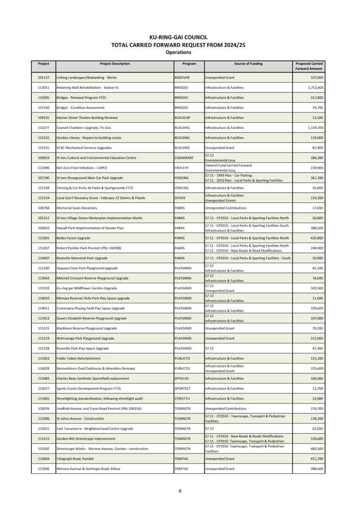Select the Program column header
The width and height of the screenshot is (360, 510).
(x=189, y=64)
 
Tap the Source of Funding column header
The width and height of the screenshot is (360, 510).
(x=248, y=64)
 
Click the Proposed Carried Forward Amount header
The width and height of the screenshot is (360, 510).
(x=309, y=66)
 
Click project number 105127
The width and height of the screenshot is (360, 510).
(x=44, y=77)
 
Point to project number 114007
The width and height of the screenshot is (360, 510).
(x=44, y=258)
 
